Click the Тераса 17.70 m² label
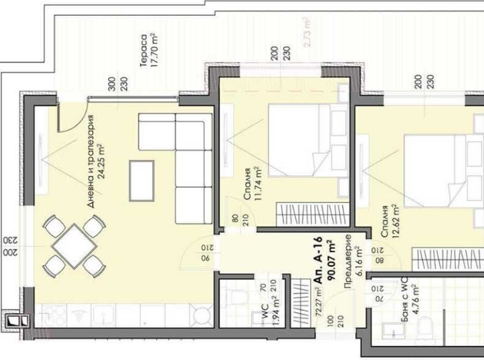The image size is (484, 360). click(149, 50)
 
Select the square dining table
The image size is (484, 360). click(74, 246)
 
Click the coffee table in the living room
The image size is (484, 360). click(141, 179)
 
